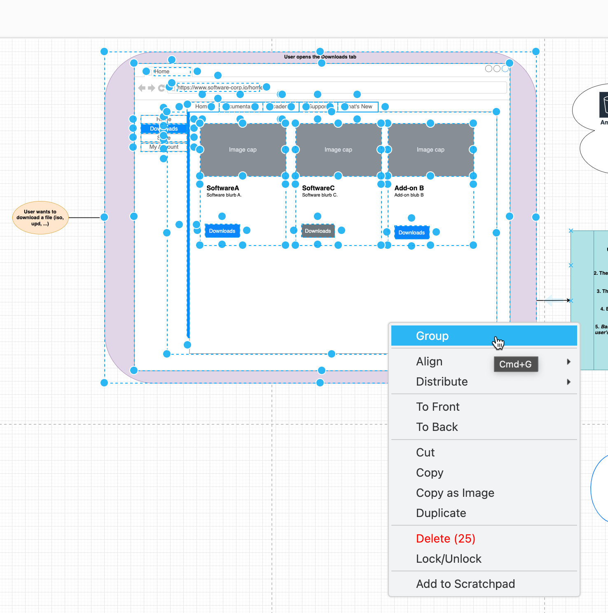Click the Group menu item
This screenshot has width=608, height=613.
point(432,336)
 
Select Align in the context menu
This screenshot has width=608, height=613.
point(429,362)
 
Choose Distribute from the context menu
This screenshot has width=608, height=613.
point(442,382)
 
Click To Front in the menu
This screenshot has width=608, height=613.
point(437,407)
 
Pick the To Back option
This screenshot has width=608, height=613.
point(437,427)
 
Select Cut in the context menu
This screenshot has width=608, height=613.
point(425,453)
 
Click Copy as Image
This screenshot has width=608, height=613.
point(455,493)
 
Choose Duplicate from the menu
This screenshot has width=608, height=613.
point(441,513)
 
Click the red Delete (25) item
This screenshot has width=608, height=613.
point(445,539)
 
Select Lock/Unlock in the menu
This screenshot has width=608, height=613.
point(448,559)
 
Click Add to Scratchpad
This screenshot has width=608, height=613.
point(465,584)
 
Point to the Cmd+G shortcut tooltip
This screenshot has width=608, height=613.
point(515,364)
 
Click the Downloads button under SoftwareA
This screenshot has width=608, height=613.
point(222,231)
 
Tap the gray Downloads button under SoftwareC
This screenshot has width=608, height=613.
point(318,231)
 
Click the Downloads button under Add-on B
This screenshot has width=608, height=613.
point(412,233)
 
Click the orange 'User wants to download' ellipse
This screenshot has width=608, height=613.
point(40,218)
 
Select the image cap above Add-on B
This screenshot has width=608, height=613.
point(430,150)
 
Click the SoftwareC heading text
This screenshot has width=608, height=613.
point(318,188)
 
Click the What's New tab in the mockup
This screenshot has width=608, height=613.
point(360,107)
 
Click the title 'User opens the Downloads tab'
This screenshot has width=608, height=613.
point(320,57)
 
